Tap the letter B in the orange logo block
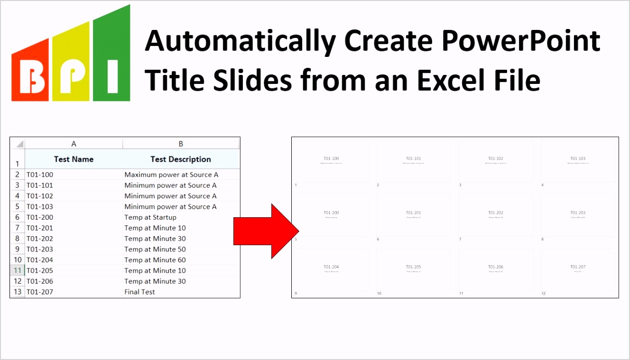(x=31, y=77)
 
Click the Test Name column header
(x=73, y=159)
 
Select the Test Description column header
(x=180, y=159)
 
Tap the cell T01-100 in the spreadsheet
(x=40, y=175)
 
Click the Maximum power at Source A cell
(x=171, y=175)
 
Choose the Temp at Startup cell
(x=150, y=217)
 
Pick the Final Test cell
(x=140, y=292)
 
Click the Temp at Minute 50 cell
(x=155, y=249)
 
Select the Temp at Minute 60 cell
(x=155, y=260)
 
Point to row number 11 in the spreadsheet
(x=17, y=271)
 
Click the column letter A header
(x=73, y=144)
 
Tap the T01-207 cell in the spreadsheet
(x=40, y=292)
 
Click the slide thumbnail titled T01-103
(x=578, y=161)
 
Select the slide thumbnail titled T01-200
(x=331, y=215)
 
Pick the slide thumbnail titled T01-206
(x=496, y=269)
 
